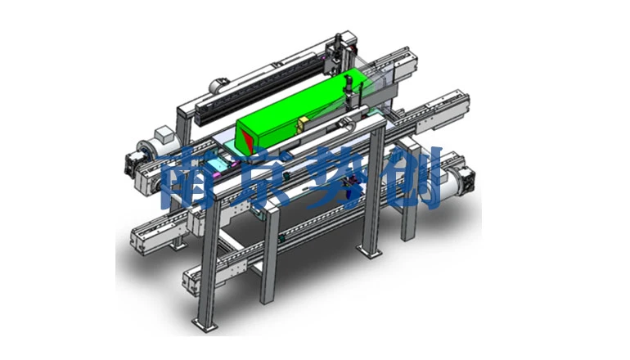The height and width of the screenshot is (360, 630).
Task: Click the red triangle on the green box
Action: point(247,142)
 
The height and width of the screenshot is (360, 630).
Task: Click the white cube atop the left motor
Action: point(164,134)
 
